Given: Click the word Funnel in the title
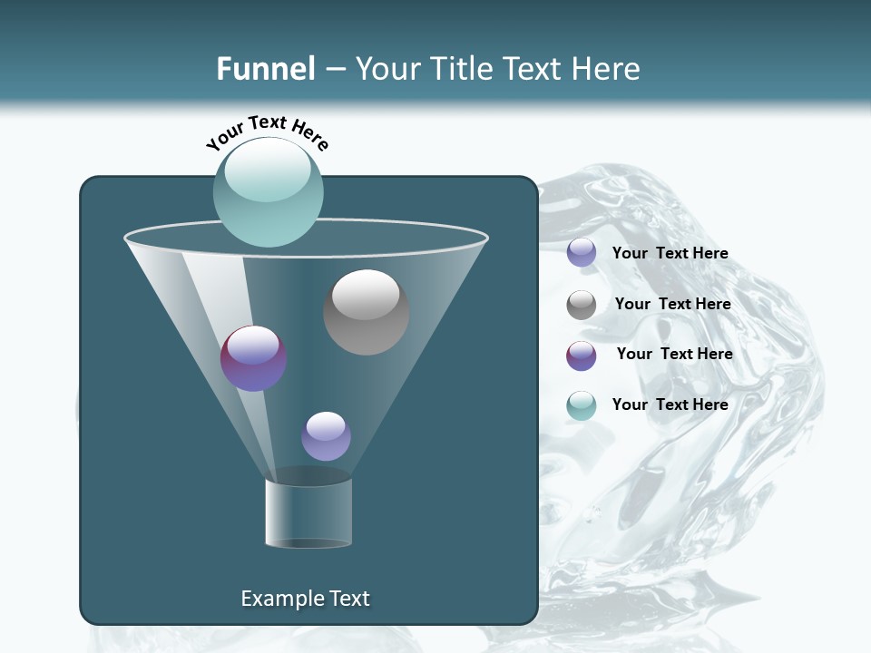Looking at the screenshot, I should point(265,69).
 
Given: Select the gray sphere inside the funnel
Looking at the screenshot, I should point(366,312).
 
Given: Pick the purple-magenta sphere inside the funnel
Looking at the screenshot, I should point(254,358).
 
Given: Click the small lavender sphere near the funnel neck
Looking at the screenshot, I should point(326,436).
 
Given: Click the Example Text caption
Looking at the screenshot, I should point(305,599).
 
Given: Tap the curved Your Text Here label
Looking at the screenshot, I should point(267,132).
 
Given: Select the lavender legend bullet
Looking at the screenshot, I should point(582,253).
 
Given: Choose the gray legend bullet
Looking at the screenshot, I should point(582,305).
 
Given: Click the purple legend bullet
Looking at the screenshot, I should point(582,356).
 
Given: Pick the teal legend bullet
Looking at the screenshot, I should point(582,405).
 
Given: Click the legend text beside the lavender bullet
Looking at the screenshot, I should point(670,254).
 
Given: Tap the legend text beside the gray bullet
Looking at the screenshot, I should point(672,305).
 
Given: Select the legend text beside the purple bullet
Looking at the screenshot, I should point(674,355).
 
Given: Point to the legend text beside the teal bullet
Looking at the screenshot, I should point(670,404).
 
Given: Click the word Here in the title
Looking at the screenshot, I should point(607,69).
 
